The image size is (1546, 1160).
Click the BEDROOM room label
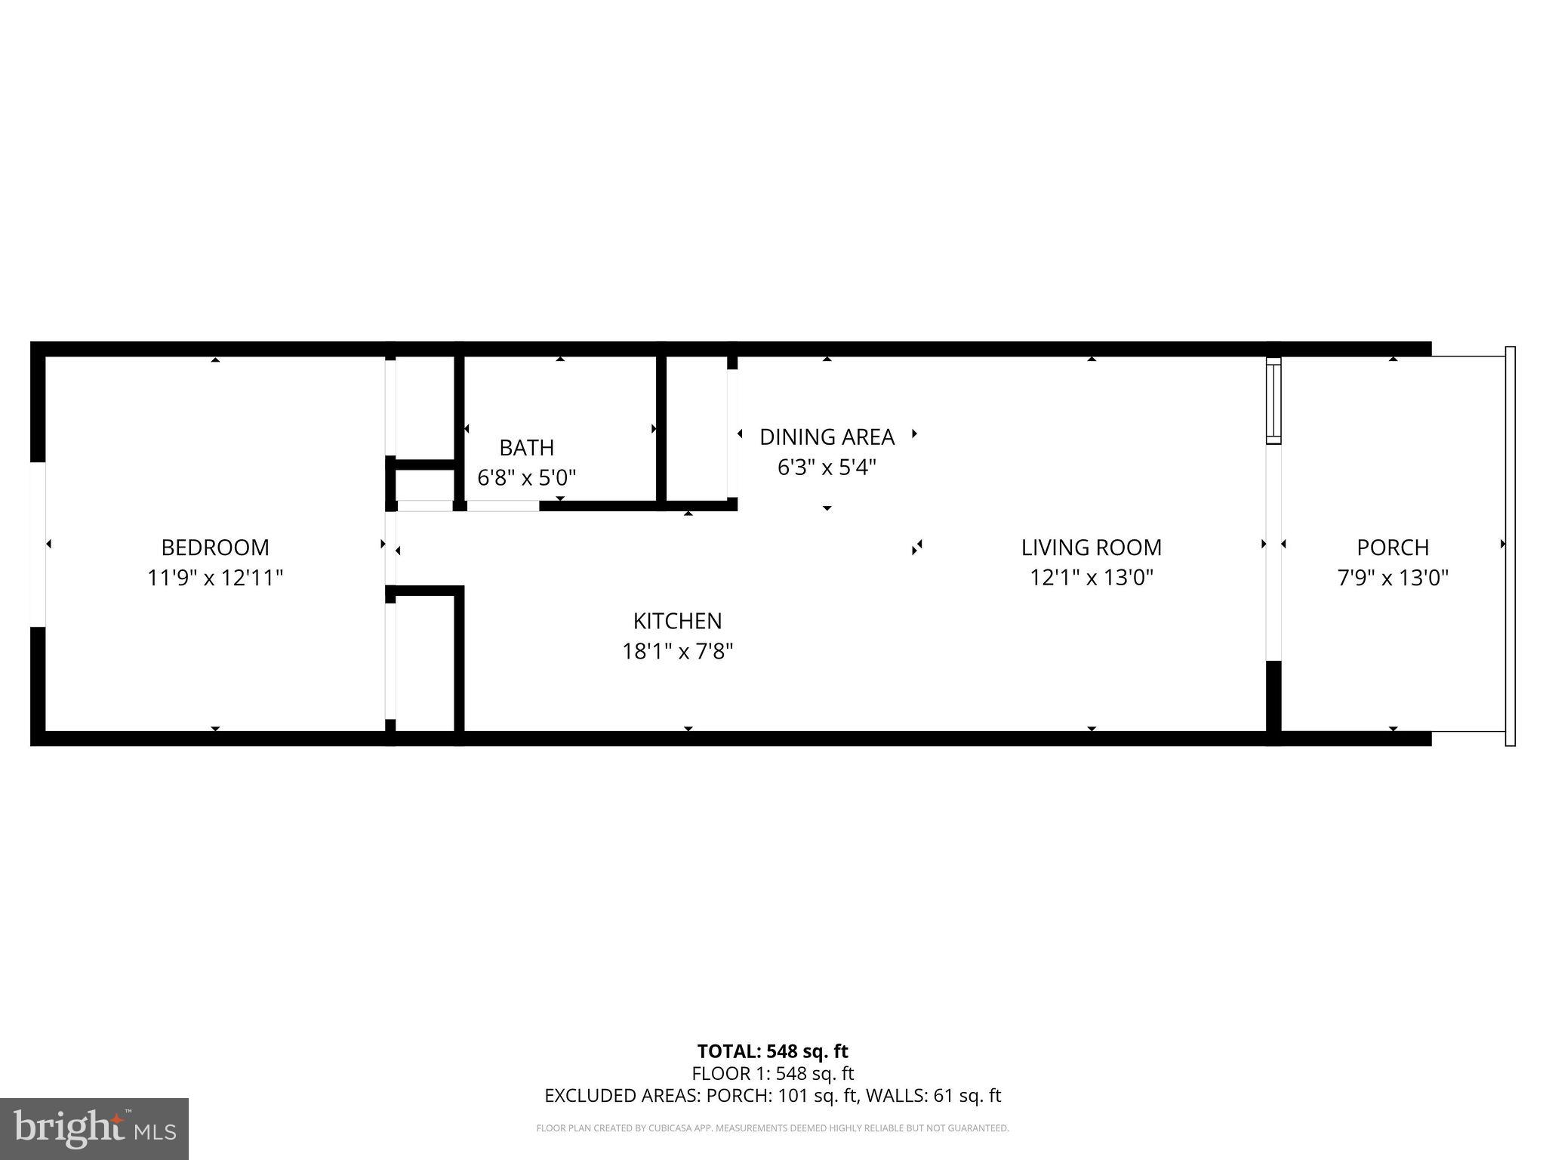tap(215, 547)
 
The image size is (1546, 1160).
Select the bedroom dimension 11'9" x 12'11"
tap(215, 578)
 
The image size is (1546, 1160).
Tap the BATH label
tap(526, 447)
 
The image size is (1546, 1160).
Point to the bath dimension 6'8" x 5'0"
tap(526, 477)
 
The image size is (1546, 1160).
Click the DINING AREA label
tap(827, 437)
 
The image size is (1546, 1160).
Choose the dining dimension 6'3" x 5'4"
tap(827, 467)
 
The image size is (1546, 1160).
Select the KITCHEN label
tap(677, 620)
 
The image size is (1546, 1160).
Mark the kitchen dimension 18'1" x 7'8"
tap(677, 651)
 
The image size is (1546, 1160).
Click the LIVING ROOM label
tap(1091, 547)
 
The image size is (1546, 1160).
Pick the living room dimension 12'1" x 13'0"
tap(1091, 578)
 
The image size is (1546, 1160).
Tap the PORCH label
tap(1393, 547)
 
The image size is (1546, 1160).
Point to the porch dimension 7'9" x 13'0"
tap(1393, 578)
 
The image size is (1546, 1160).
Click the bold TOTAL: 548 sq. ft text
tap(772, 1050)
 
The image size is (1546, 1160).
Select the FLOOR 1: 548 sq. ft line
tap(772, 1072)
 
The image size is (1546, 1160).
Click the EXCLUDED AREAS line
tap(772, 1095)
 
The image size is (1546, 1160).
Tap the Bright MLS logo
tap(94, 1128)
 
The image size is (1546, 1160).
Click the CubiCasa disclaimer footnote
tap(772, 1128)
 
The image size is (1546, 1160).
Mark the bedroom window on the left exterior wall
tap(38, 544)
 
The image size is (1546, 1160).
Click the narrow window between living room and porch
tap(1273, 400)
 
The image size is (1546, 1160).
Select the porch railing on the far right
tap(1510, 545)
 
